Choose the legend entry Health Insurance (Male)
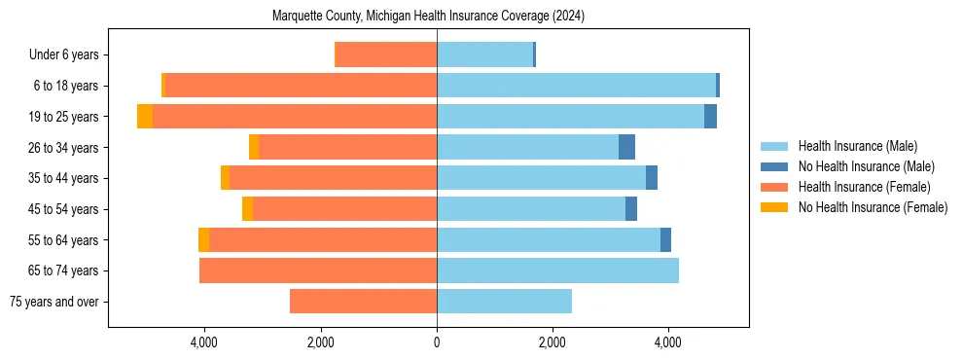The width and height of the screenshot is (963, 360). (857, 146)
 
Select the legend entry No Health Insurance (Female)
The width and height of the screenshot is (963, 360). (873, 207)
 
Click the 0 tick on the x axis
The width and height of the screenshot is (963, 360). (437, 342)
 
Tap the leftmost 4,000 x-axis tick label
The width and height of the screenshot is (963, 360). (204, 342)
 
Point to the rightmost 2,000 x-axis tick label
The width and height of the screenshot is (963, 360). (552, 342)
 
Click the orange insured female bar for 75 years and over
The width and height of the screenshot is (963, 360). (363, 302)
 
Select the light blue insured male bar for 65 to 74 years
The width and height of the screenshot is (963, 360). (557, 270)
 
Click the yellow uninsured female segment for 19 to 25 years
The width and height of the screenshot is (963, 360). (145, 117)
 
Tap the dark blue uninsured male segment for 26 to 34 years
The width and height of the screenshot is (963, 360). (626, 147)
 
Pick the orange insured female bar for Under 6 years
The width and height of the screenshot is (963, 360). (385, 55)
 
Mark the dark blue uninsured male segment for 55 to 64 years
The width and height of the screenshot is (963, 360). (665, 239)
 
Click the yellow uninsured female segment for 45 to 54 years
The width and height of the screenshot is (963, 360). (247, 209)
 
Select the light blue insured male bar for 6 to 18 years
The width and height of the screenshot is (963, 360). (576, 86)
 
